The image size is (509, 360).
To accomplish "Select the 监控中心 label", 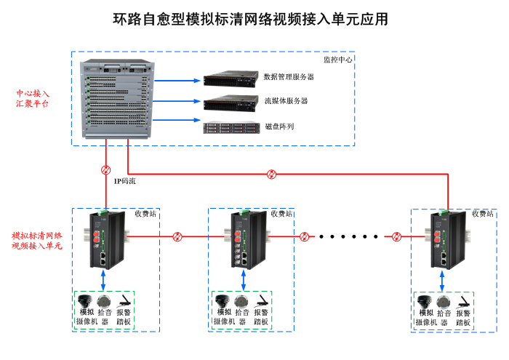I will coord(337,60).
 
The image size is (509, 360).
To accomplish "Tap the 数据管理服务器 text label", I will coord(289,77).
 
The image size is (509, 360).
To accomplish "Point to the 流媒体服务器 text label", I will coord(285,101).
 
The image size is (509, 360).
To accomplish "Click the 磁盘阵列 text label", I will coord(279,127).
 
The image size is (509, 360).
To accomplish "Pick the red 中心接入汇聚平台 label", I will coord(33,99).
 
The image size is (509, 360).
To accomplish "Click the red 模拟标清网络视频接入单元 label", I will coord(37,241).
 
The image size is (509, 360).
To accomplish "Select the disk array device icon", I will coord(231,128).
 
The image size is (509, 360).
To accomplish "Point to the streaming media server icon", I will coord(231,102).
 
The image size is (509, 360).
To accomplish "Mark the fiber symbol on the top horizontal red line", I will coord(272,174).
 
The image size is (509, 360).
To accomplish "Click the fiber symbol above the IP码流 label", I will coord(106,169).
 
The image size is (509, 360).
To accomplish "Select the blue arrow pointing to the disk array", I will coord(179,121).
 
